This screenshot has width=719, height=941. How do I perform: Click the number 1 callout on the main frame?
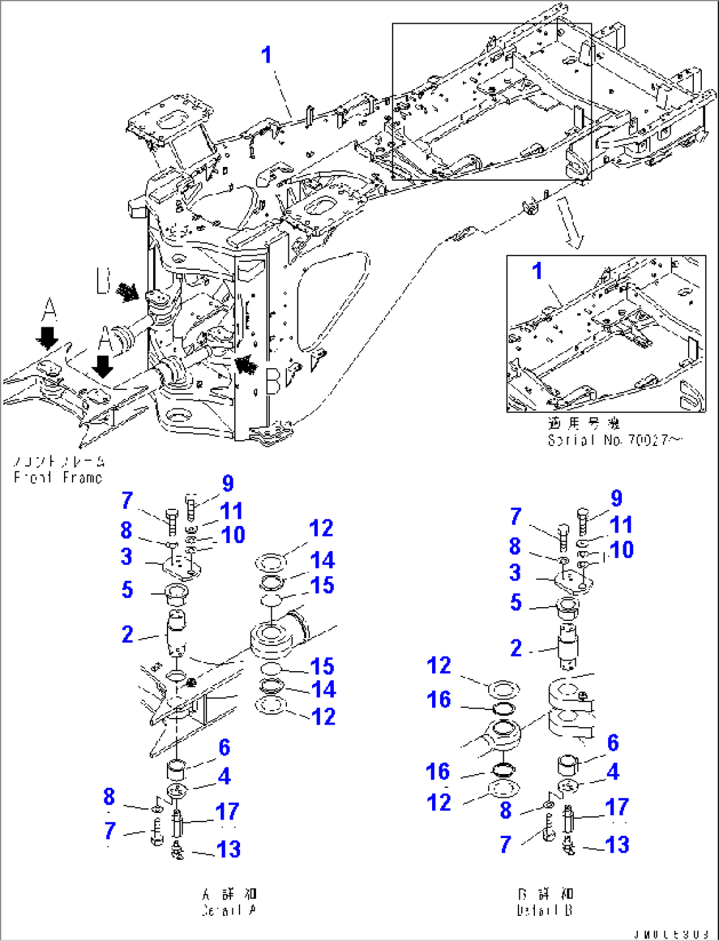pos(266,55)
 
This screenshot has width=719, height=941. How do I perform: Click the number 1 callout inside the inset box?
pos(537,271)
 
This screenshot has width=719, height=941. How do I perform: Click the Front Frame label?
pos(59,477)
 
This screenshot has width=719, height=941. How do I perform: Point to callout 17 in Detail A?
pos(227,812)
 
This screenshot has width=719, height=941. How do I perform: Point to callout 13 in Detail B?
pos(617,844)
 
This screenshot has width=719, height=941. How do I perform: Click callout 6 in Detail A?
pos(224,747)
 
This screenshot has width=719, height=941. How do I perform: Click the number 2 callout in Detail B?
pos(516,648)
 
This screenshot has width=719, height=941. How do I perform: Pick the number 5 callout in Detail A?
pos(127,589)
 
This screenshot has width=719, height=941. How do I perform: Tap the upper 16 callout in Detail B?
pos(439,699)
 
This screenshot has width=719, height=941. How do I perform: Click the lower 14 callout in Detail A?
pos(323,690)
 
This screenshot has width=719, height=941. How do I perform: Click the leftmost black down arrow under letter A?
pos(47,337)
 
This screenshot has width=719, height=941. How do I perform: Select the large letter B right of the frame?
pos(272,381)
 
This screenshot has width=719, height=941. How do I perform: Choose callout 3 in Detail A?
pos(127,556)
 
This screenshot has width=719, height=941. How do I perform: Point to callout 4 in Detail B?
pos(613,771)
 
